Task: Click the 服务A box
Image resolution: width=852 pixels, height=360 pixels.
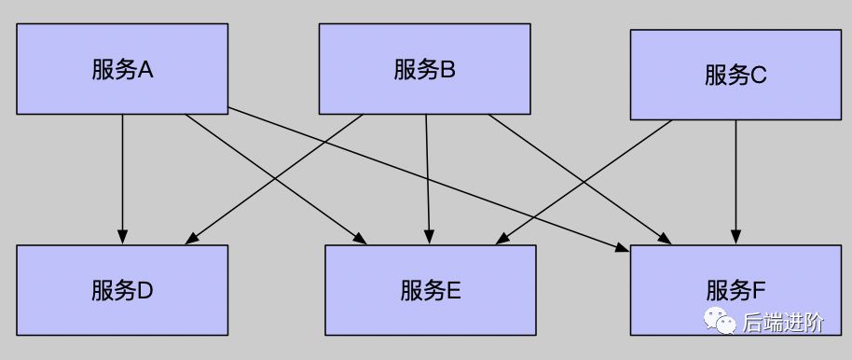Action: pyautogui.click(x=122, y=69)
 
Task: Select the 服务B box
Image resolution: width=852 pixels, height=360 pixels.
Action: pyautogui.click(x=424, y=69)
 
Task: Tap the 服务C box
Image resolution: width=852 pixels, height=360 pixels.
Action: pyautogui.click(x=735, y=75)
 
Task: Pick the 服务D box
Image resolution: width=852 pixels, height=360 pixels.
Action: pyautogui.click(x=122, y=290)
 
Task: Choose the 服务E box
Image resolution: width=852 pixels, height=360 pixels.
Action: pyautogui.click(x=430, y=290)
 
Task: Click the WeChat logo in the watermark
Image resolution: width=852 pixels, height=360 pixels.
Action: pyautogui.click(x=720, y=323)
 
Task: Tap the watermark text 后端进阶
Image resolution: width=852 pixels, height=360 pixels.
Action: pyautogui.click(x=783, y=324)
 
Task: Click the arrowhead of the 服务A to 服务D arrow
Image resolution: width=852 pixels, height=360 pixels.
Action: pyautogui.click(x=122, y=235)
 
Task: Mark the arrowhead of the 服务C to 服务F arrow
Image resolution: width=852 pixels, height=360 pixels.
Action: pyautogui.click(x=736, y=235)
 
